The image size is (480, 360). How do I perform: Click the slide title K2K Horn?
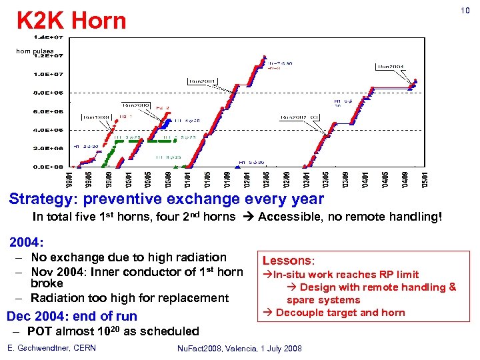click(x=71, y=21)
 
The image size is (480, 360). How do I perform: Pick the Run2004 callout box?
click(x=393, y=66)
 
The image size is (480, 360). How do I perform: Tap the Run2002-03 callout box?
click(x=300, y=117)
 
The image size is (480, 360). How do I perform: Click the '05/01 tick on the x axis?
click(x=427, y=179)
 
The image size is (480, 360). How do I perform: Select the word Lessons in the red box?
click(x=285, y=261)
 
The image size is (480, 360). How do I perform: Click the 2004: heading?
click(x=26, y=241)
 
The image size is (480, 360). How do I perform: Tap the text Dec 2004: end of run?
click(x=71, y=316)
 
